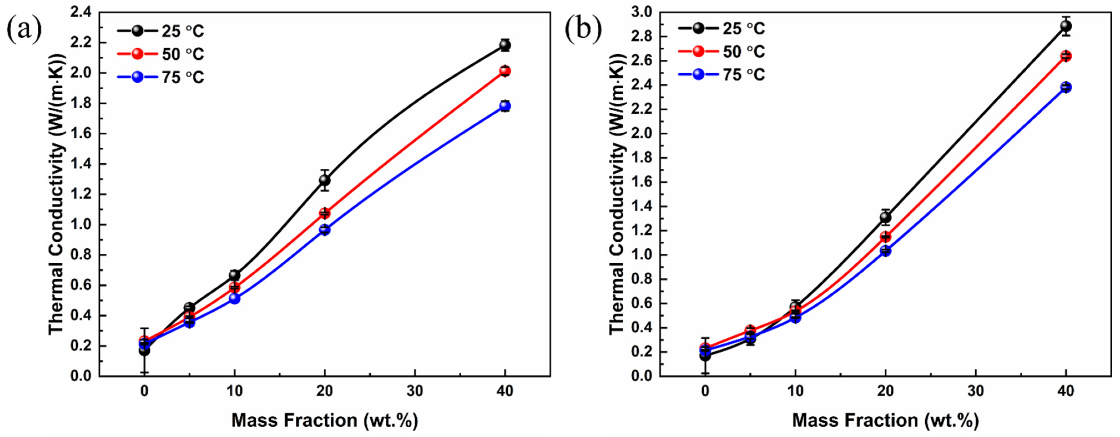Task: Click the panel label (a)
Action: pos(24,29)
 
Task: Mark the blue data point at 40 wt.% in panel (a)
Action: pos(505,106)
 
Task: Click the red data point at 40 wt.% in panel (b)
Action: pos(1066,56)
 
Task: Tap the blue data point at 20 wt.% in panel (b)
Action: pos(886,251)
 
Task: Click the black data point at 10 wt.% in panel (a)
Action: pos(234,275)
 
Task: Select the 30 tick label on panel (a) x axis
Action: pos(415,391)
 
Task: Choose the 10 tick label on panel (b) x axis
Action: pos(795,391)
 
